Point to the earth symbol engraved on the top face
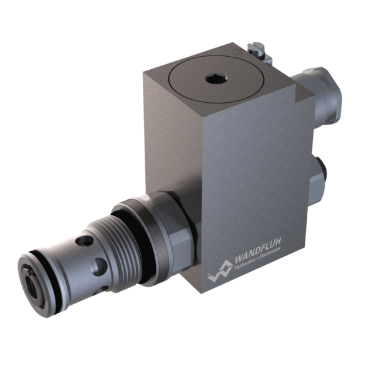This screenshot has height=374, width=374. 235,51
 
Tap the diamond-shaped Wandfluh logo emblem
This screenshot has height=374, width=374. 221,271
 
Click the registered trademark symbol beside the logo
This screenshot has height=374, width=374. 209,275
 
